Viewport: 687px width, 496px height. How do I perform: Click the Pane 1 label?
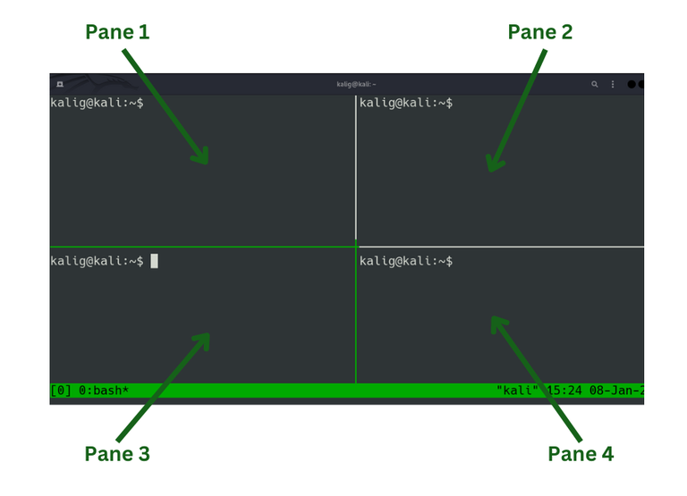pyautogui.click(x=117, y=32)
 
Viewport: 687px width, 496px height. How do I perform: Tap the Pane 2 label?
pyautogui.click(x=539, y=32)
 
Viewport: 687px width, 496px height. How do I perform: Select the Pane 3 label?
pyautogui.click(x=117, y=453)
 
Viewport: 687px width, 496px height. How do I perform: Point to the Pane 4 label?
pyautogui.click(x=581, y=453)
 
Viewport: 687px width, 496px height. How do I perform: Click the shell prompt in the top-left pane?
pyautogui.click(x=97, y=103)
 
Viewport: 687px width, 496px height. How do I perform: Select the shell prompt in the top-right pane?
pyautogui.click(x=406, y=103)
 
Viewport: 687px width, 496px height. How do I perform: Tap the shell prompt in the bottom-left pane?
pyautogui.click(x=97, y=261)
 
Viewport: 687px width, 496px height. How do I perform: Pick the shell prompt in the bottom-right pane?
pyautogui.click(x=406, y=261)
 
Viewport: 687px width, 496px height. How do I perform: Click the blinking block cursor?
pyautogui.click(x=154, y=261)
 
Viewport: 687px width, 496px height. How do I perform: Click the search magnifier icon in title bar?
pyautogui.click(x=595, y=84)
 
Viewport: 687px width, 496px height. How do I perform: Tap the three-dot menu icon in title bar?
pyautogui.click(x=613, y=84)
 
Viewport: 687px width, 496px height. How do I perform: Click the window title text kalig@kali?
pyautogui.click(x=356, y=84)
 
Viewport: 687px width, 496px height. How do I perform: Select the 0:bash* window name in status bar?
pyautogui.click(x=104, y=390)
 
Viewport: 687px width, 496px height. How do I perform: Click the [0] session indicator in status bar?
pyautogui.click(x=61, y=390)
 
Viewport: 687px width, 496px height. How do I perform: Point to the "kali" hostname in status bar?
pyautogui.click(x=517, y=390)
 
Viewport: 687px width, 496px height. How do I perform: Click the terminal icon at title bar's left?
pyautogui.click(x=60, y=84)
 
